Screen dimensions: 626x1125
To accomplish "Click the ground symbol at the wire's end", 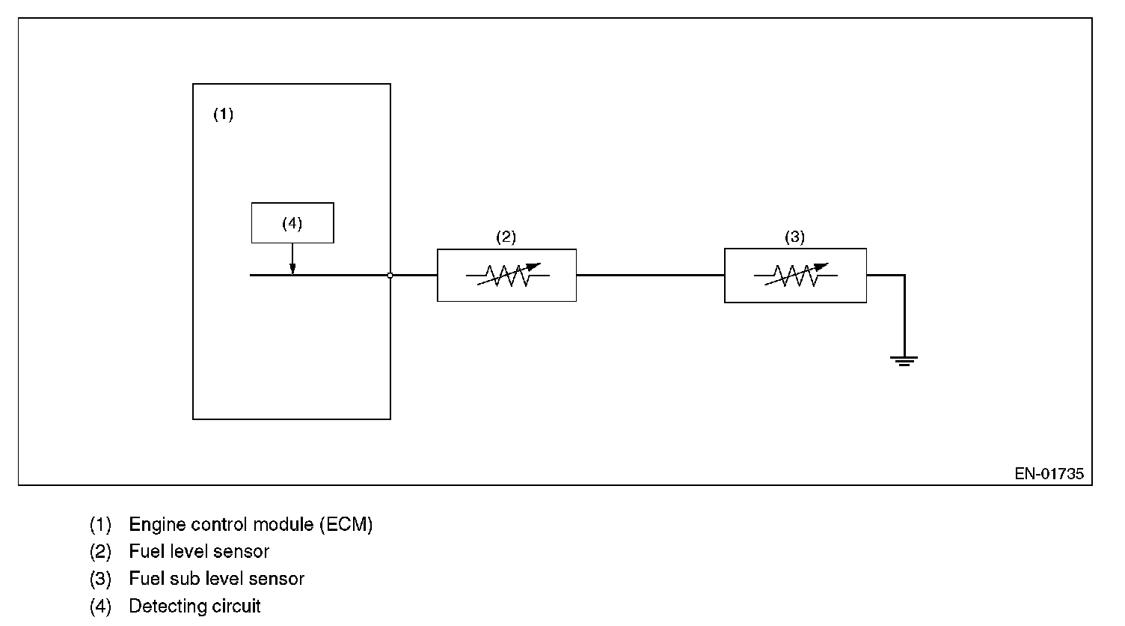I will pos(904,361).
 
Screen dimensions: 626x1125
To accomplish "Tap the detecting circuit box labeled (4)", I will pos(292,222).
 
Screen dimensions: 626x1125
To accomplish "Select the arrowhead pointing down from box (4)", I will pos(292,269).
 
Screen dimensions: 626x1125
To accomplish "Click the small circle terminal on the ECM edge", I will pos(390,276).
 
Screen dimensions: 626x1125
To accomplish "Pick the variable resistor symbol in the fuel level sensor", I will pos(507,275).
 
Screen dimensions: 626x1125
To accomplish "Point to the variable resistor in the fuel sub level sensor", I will pos(795,275).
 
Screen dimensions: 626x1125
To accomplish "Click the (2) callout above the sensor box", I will pos(506,237).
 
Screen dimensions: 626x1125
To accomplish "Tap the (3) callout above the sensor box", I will pos(794,237).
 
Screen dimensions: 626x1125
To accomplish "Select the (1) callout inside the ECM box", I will pos(223,115).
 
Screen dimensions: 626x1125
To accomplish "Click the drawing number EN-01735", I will pos(1049,474).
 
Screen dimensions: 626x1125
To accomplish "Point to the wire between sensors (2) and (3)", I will pos(650,276).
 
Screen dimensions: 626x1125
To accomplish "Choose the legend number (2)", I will pos(100,552).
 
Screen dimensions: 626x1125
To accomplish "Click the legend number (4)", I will pos(100,606).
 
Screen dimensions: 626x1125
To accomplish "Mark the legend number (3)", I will pos(100,579).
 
